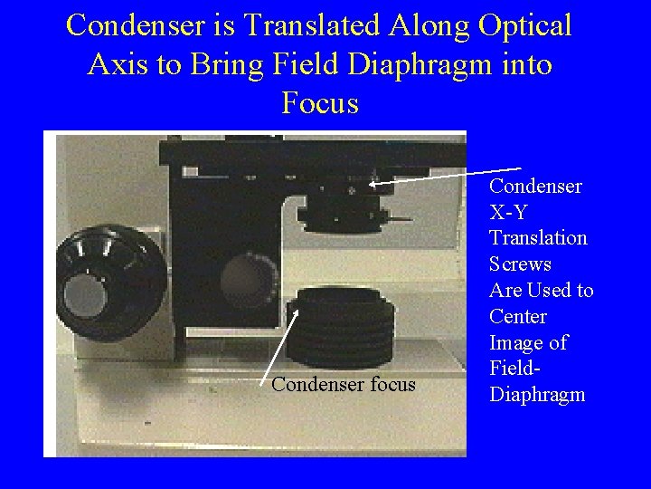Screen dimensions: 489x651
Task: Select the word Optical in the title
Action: coord(522,25)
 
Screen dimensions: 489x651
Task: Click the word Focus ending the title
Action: coord(320,103)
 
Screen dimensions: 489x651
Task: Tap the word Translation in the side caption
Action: coord(538,238)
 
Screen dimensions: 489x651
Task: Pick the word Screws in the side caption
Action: coord(520,264)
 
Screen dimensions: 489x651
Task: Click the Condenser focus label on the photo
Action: coord(344,385)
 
